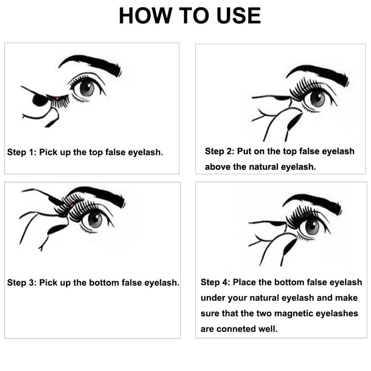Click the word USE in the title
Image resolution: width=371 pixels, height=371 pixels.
[x=238, y=16]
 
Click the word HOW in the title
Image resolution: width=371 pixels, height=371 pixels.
[x=146, y=16]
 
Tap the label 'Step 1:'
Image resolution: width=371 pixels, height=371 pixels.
[x=22, y=152]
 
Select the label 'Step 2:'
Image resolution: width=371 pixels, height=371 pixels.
[x=219, y=151]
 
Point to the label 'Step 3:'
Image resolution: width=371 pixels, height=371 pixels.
[x=22, y=282]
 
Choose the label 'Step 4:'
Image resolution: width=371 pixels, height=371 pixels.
[x=215, y=282]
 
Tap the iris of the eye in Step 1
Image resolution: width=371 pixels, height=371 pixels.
[x=87, y=89]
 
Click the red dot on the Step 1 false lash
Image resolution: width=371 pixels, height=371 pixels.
[x=57, y=98]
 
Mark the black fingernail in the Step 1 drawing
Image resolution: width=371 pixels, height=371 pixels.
[x=40, y=100]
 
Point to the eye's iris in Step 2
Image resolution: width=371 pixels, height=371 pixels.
[x=317, y=99]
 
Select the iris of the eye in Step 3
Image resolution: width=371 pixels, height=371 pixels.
[x=95, y=220]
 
